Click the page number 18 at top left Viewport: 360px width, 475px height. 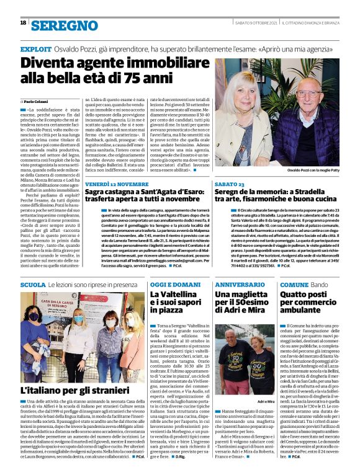[x=23, y=23]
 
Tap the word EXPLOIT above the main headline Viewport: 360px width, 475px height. [x=35, y=48]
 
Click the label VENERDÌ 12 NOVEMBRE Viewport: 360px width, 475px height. [x=117, y=185]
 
